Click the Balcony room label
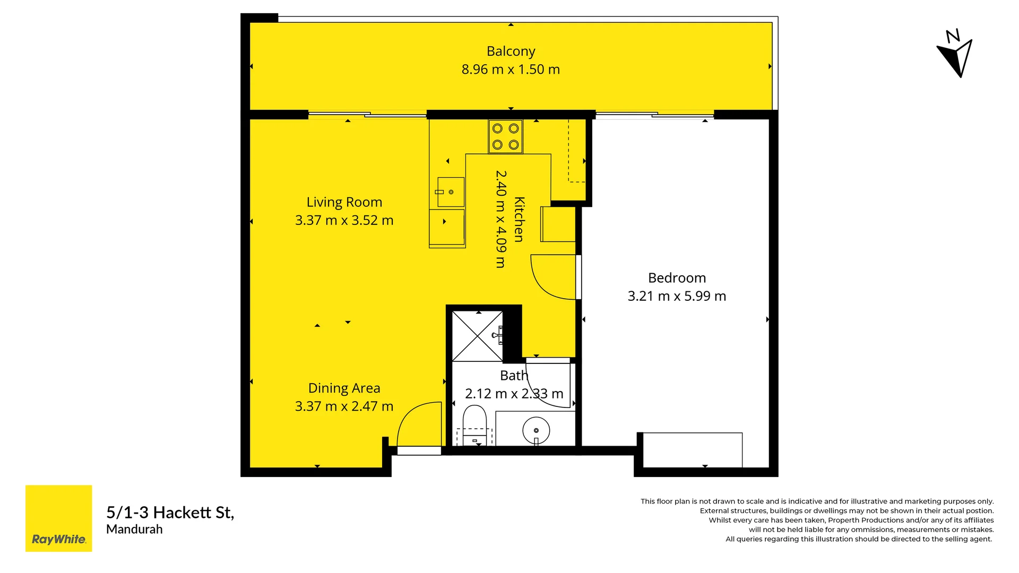[x=511, y=51]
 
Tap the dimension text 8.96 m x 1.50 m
[x=511, y=70]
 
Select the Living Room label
[x=344, y=202]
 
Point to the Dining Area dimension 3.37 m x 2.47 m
[x=344, y=406]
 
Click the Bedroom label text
[x=677, y=278]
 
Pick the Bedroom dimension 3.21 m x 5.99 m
[x=677, y=296]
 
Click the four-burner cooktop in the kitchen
[x=505, y=136]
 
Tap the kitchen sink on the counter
[x=450, y=192]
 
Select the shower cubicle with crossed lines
[x=477, y=336]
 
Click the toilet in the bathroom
[x=474, y=423]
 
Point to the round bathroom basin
[x=536, y=430]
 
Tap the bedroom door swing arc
[x=552, y=277]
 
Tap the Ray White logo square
[x=58, y=518]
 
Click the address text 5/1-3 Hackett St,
[x=170, y=513]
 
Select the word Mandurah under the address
[x=134, y=529]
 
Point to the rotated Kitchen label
[x=519, y=219]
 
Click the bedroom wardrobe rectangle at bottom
[x=692, y=450]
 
